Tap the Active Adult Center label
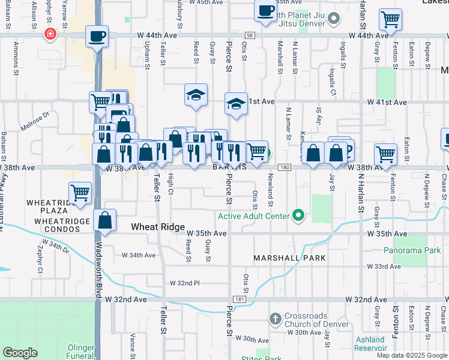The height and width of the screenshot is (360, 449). point(255,216)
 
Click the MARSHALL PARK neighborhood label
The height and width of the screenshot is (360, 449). point(289,258)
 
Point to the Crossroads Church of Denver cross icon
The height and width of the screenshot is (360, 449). point(276,318)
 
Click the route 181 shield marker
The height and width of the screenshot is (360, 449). point(239,299)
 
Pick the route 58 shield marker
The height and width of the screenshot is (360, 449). point(250,36)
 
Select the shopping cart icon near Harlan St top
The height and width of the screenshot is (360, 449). point(390,20)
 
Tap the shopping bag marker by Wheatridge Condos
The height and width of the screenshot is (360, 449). point(105,220)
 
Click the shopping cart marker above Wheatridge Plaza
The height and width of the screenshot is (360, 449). point(80,193)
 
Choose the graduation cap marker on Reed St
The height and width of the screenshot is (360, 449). point(196,95)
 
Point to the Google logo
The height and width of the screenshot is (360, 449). point(20,352)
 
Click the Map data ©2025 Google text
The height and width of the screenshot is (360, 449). point(412,355)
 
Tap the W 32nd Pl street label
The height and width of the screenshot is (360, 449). point(184,283)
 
